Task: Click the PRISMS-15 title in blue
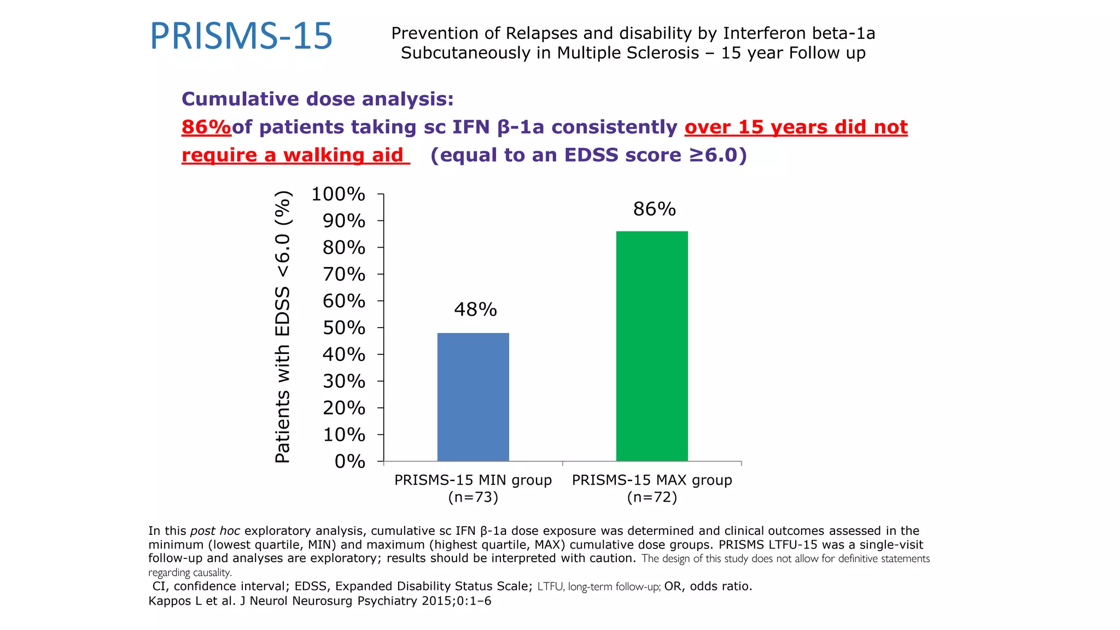(241, 37)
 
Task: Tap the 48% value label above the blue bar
(475, 310)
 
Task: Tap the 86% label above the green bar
(654, 209)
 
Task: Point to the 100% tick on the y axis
(338, 194)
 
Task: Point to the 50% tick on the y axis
(343, 328)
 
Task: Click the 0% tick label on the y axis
(349, 462)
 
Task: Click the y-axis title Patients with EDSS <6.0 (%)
(283, 327)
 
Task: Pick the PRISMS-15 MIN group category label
(473, 480)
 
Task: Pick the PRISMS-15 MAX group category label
(652, 480)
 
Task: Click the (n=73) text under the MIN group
(473, 497)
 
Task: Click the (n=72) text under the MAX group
(652, 497)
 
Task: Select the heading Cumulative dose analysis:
(317, 99)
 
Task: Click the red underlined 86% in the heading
(206, 127)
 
